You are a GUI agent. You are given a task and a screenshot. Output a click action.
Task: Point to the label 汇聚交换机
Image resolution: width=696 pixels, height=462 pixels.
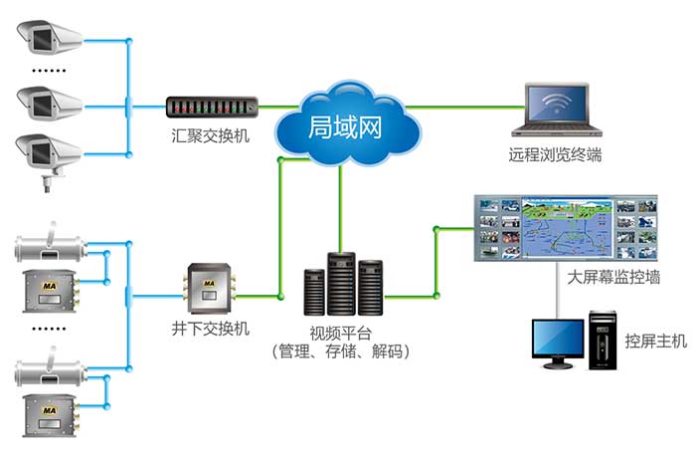click(209, 133)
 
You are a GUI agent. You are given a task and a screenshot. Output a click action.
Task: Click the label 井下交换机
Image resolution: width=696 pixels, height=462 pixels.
click(211, 328)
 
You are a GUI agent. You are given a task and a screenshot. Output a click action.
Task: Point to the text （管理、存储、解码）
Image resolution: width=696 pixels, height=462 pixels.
click(340, 352)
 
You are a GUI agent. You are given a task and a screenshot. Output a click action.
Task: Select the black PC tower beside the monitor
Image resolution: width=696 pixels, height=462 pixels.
click(603, 340)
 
